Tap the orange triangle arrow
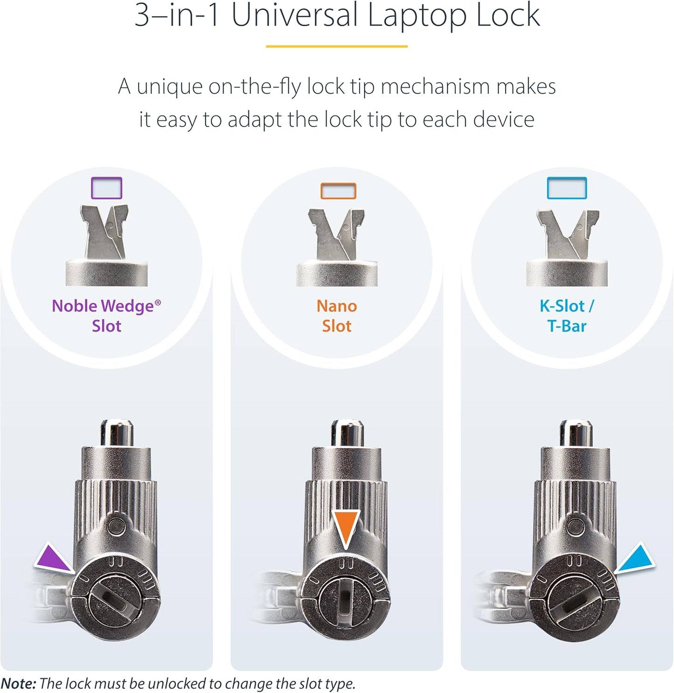346,526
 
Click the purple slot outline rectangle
107,188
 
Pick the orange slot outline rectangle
338,191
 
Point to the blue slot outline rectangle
567,188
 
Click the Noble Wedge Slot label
106,315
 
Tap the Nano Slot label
336,315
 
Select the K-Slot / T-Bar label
567,315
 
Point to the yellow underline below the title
336,46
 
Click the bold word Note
18,684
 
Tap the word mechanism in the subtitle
435,87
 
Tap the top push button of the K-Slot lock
576,433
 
